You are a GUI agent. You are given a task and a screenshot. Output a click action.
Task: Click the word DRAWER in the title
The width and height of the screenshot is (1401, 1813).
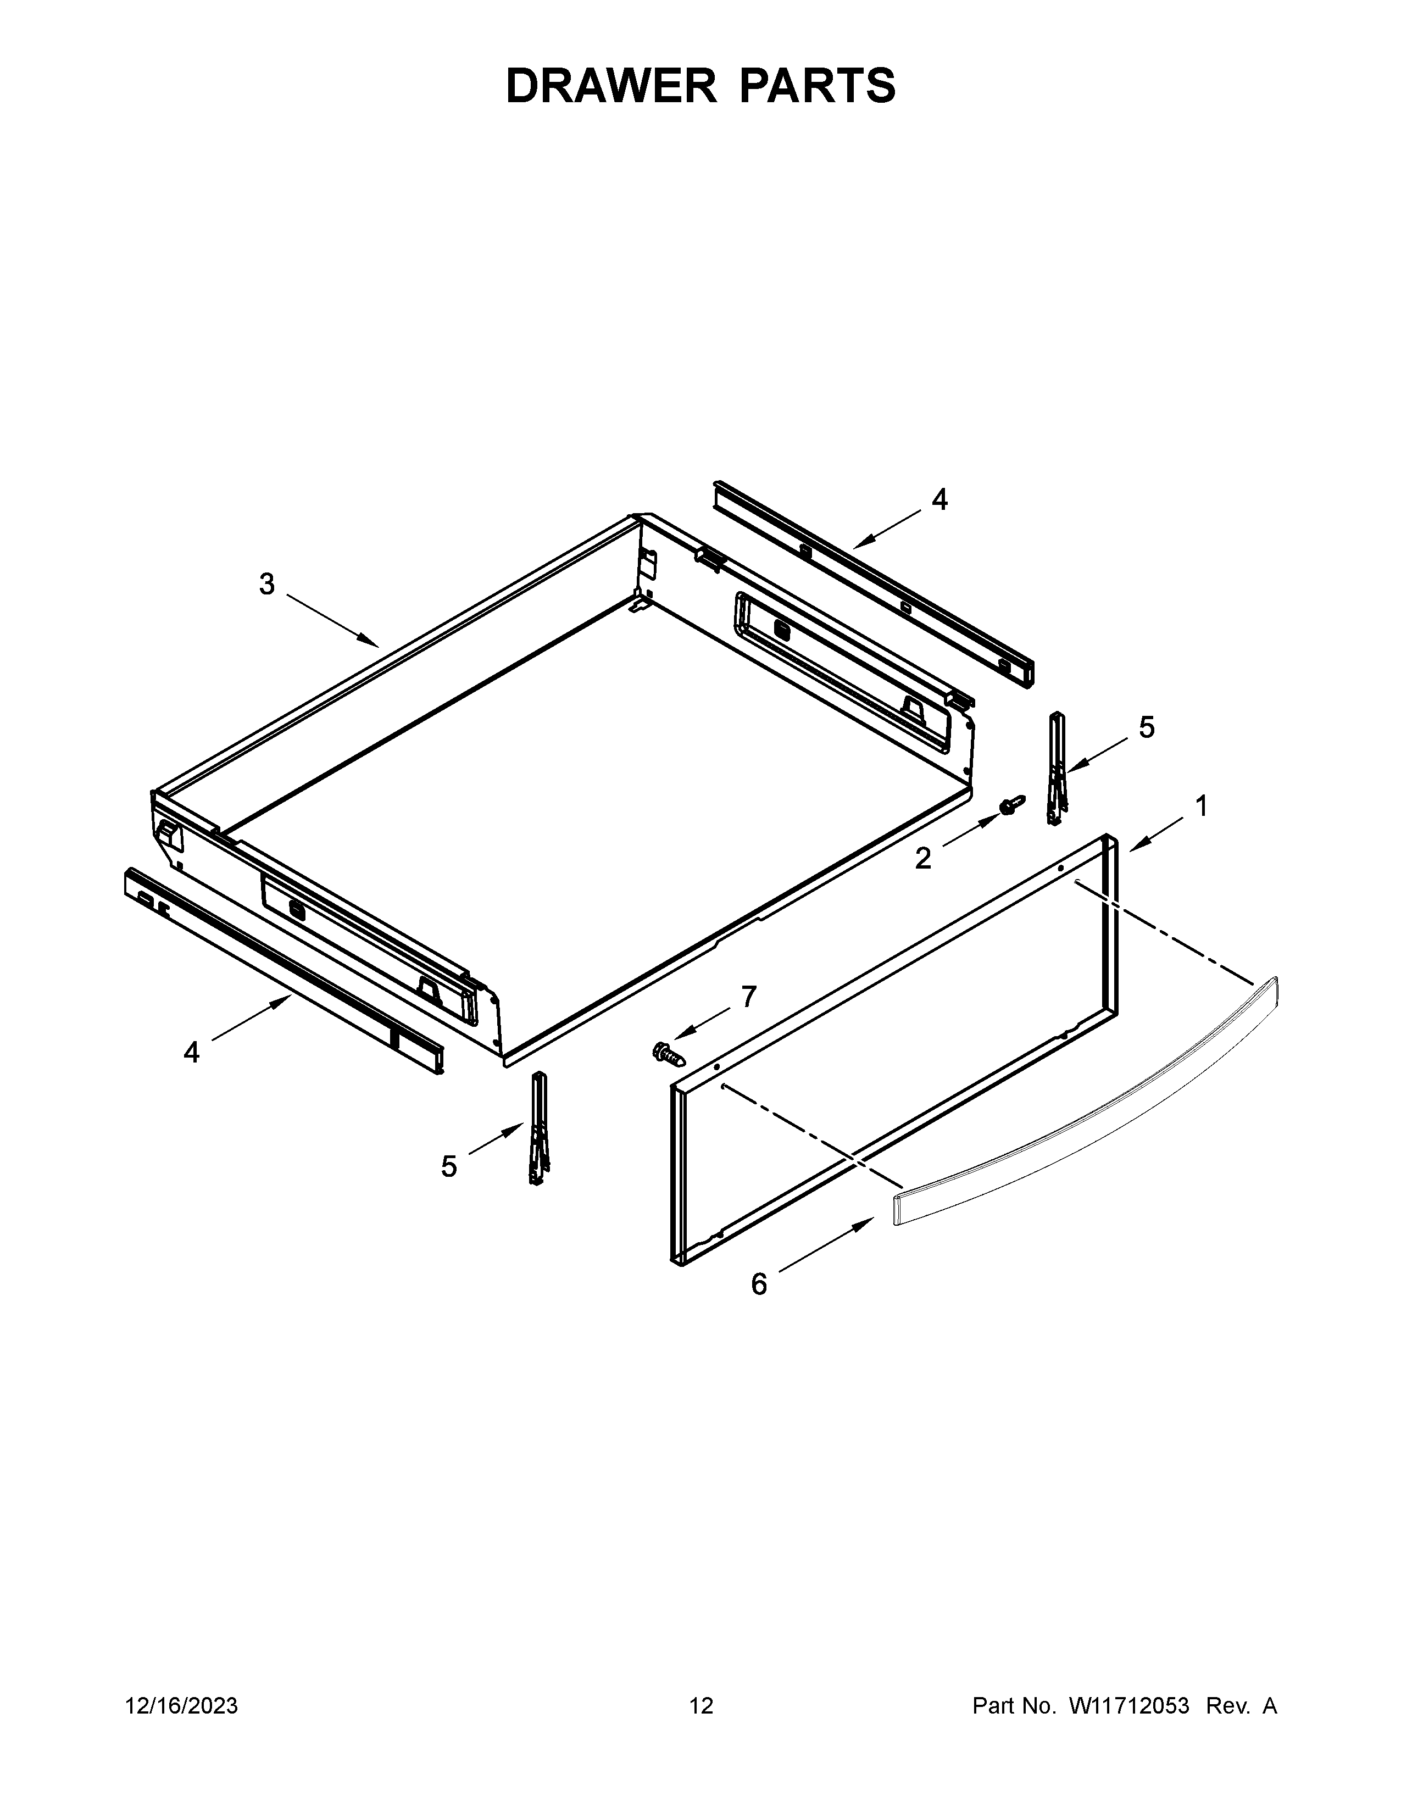[611, 86]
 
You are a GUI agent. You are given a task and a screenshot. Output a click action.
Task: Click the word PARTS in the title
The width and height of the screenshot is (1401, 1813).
[816, 86]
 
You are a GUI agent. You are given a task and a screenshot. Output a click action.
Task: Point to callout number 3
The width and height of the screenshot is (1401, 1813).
[266, 585]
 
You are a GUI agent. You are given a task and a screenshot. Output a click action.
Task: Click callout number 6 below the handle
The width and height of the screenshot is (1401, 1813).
[759, 1284]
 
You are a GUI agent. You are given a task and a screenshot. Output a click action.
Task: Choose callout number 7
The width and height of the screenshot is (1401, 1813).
[749, 996]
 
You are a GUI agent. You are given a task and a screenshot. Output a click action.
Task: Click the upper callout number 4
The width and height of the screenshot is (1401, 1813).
[939, 499]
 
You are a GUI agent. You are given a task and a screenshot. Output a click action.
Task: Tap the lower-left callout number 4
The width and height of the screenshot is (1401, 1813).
[192, 1053]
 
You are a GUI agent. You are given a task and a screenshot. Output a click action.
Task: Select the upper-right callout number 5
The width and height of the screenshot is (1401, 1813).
[1146, 727]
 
